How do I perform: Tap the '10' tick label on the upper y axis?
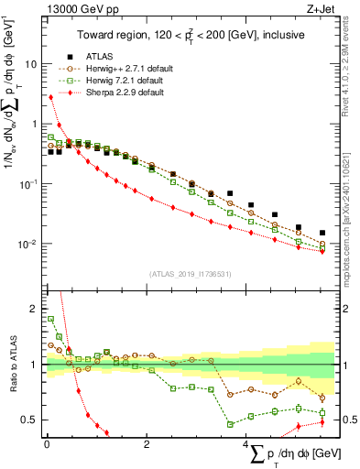pos(30,65)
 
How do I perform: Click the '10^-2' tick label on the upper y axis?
pos(27,244)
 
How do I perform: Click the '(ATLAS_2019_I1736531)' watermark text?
pos(190,275)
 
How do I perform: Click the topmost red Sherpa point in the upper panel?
pos(50,97)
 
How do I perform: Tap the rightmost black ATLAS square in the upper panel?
pos(322,233)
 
